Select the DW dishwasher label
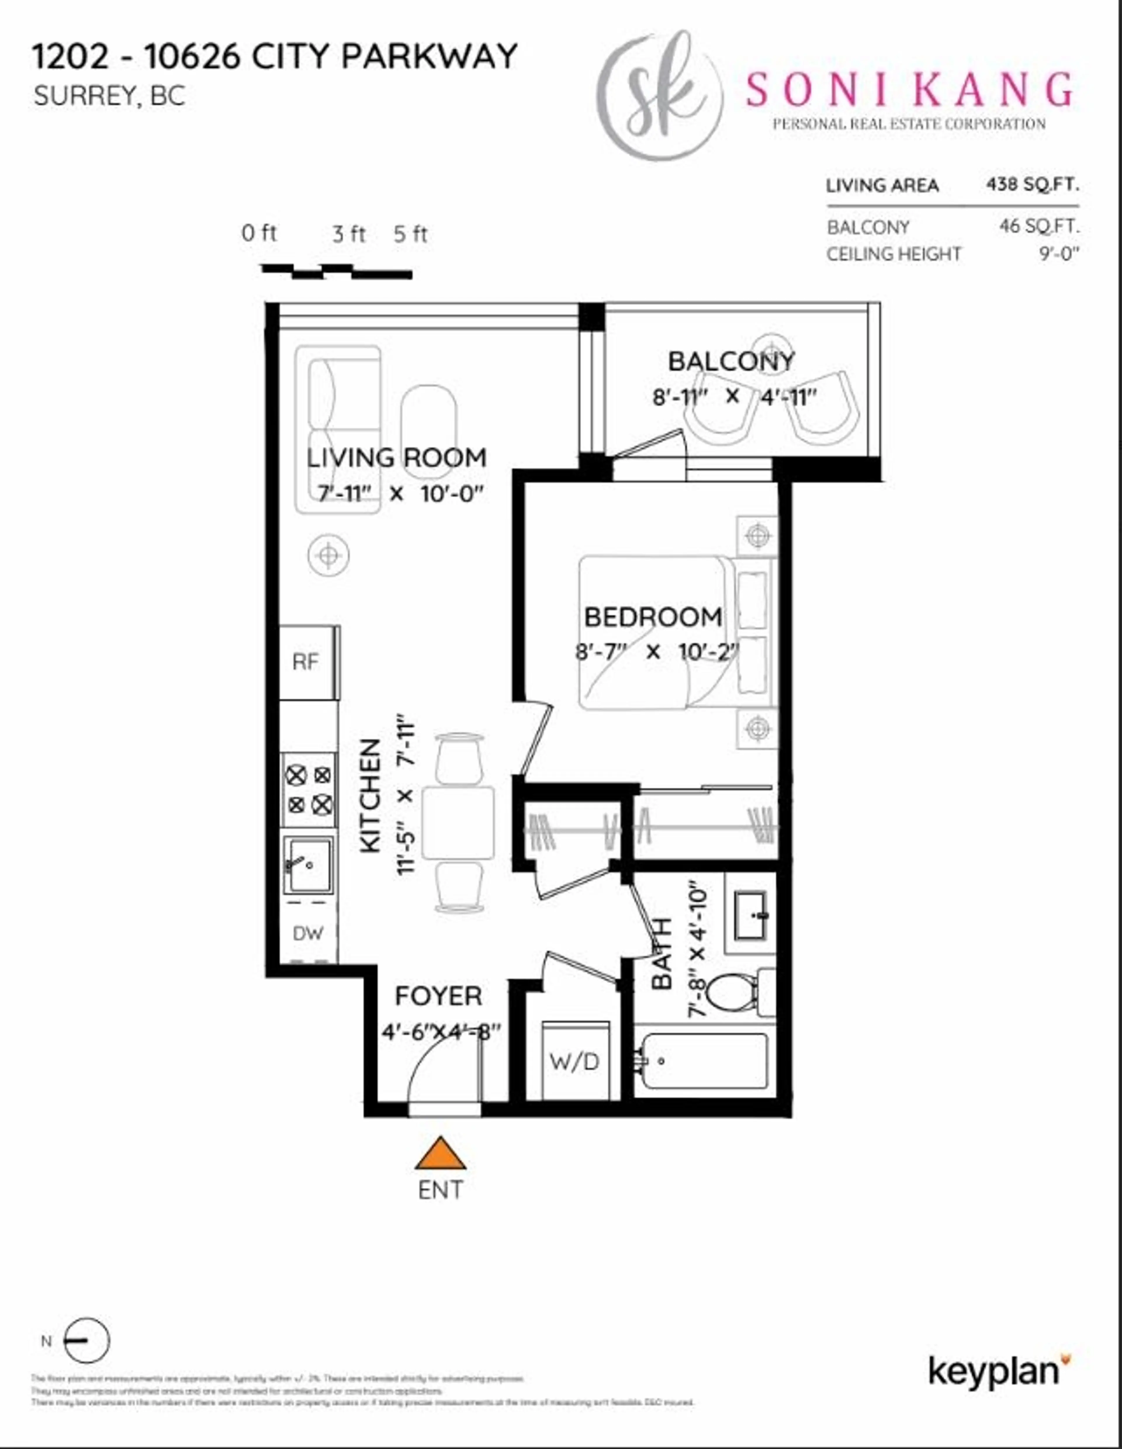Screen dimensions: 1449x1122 [308, 934]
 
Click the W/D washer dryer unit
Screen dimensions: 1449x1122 [575, 1062]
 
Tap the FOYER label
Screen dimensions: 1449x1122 [438, 996]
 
